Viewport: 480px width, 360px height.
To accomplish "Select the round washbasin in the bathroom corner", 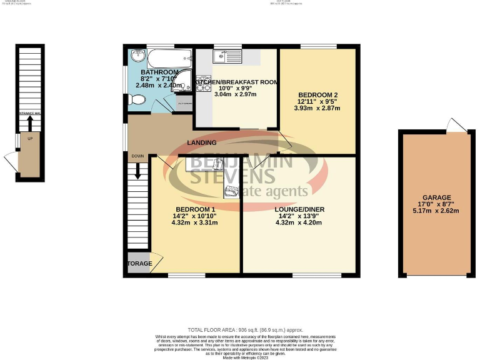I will point(137,58).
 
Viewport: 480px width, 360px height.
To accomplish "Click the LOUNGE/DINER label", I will point(299,209).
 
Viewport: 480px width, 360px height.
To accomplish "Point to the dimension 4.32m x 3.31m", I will point(195,222).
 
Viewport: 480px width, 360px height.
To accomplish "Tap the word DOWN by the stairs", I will point(137,156).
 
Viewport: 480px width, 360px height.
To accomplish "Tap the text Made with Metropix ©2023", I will point(240,356).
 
